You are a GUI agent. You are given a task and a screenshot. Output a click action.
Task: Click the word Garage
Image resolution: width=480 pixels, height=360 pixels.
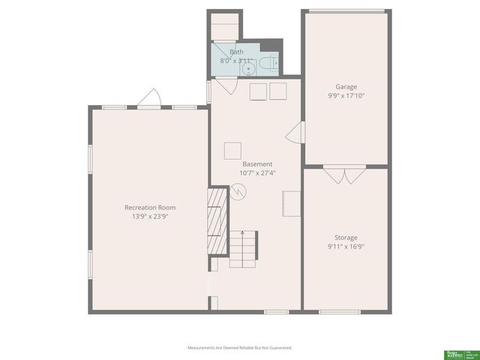tap(346, 87)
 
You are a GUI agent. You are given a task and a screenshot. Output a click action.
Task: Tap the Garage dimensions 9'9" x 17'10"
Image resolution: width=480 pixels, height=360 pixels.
tap(346, 96)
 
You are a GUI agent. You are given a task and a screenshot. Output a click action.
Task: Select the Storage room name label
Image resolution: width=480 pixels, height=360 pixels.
tap(346, 238)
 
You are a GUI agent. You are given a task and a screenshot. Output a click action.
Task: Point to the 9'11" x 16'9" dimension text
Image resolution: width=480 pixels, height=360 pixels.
tap(346, 247)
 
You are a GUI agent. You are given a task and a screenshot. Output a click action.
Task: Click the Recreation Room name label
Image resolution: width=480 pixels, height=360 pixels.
tap(150, 208)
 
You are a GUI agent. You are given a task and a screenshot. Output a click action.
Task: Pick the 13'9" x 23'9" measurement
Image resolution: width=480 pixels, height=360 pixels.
tap(150, 217)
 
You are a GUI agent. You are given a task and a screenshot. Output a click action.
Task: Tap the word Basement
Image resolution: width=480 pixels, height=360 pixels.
tap(257, 164)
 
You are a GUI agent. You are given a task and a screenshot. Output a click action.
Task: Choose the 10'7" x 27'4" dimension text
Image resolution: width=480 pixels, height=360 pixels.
tap(257, 173)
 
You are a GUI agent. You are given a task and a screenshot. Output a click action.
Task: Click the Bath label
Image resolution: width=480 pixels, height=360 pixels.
tap(236, 52)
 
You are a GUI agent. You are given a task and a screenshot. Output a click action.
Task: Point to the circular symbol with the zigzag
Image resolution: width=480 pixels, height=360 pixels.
tap(239, 192)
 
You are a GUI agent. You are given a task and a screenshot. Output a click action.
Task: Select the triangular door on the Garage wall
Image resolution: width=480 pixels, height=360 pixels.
tap(295, 133)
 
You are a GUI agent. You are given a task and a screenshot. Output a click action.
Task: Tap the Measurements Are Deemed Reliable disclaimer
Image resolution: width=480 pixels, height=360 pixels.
tap(239, 347)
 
